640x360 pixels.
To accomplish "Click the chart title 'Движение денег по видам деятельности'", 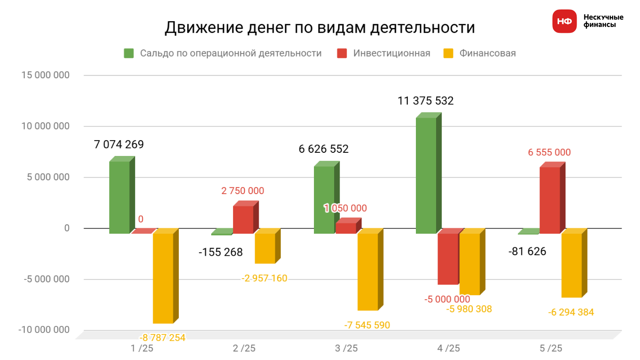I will (319, 28).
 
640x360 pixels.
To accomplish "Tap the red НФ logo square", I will (564, 21).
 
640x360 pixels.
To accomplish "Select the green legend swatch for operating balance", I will (129, 53).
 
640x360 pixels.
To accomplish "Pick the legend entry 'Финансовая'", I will (487, 53).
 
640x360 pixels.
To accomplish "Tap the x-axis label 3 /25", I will (347, 348).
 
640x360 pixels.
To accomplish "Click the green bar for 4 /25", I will (426, 175).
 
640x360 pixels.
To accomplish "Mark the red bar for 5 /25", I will (550, 200).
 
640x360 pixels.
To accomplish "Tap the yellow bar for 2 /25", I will (265, 248).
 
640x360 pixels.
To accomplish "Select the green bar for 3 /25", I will (324, 200).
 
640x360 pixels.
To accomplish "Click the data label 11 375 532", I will (425, 101).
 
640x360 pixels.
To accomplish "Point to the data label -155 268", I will (221, 252).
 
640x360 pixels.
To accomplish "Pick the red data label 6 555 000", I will (549, 153).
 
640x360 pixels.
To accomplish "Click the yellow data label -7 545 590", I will (367, 325).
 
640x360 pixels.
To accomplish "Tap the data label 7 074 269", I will (119, 145).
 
